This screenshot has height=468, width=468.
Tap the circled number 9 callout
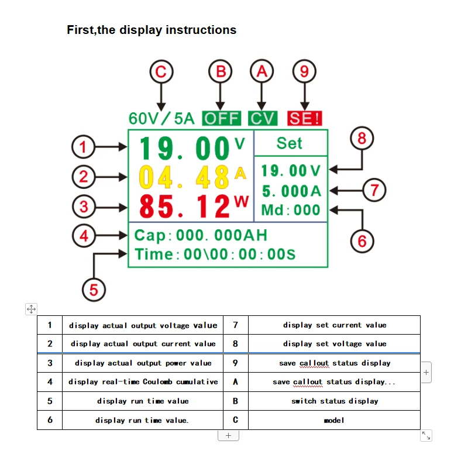tap(304, 71)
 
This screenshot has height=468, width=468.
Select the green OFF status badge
tap(221, 118)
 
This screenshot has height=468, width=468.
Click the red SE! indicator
tap(304, 118)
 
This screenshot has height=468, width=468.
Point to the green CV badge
tap(262, 118)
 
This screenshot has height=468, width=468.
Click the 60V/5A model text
tap(161, 118)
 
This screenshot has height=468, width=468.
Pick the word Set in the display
tap(289, 143)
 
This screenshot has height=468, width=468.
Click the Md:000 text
tap(291, 210)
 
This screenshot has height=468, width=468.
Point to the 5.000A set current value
tap(292, 191)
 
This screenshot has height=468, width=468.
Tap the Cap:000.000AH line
tap(201, 236)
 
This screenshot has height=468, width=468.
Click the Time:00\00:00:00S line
tap(215, 254)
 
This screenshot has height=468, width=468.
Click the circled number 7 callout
tap(374, 190)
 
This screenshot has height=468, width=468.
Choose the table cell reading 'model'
tap(334, 420)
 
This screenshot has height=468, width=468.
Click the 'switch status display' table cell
tap(334, 401)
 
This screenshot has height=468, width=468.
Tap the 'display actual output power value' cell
tap(143, 363)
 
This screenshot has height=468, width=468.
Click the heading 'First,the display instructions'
tap(152, 30)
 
